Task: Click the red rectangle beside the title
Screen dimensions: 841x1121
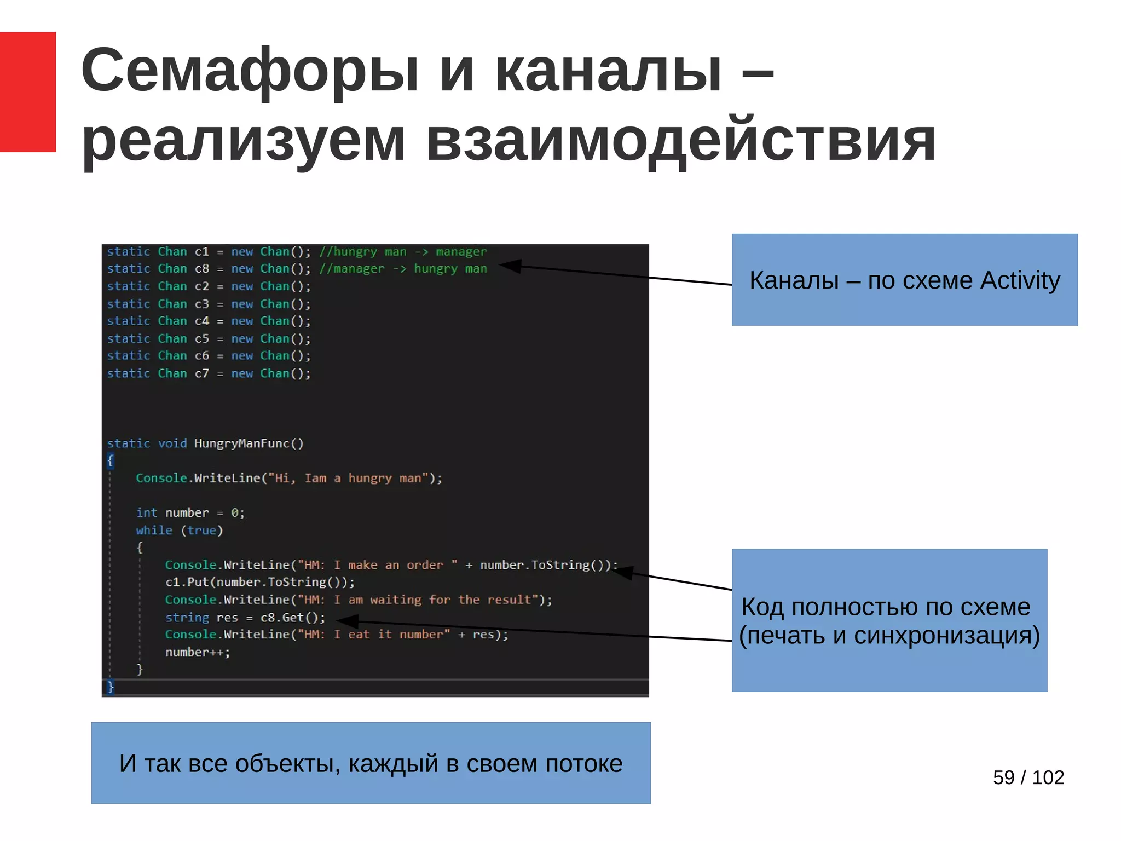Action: coord(27,91)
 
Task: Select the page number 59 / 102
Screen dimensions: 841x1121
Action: coord(1028,777)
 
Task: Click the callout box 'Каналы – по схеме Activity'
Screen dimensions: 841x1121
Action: coord(904,280)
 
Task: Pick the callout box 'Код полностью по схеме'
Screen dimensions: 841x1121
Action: coord(889,620)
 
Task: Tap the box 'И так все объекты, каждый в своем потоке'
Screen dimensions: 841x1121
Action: coord(371,763)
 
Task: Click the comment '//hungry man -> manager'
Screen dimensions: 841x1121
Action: coord(403,252)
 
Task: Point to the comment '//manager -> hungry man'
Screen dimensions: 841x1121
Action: coord(403,269)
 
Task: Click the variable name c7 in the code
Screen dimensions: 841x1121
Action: coord(201,373)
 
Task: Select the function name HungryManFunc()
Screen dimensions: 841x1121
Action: coord(249,443)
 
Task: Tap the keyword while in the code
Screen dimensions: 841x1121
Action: coord(154,531)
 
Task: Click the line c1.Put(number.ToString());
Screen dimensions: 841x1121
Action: coord(259,582)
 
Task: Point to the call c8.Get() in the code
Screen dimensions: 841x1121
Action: coord(292,618)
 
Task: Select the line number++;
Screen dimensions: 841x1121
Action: coord(198,652)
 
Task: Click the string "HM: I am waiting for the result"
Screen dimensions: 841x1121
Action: coord(417,600)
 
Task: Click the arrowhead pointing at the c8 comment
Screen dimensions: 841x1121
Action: coord(509,266)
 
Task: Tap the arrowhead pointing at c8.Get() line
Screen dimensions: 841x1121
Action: coord(347,620)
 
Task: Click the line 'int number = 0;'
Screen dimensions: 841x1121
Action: coord(190,513)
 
